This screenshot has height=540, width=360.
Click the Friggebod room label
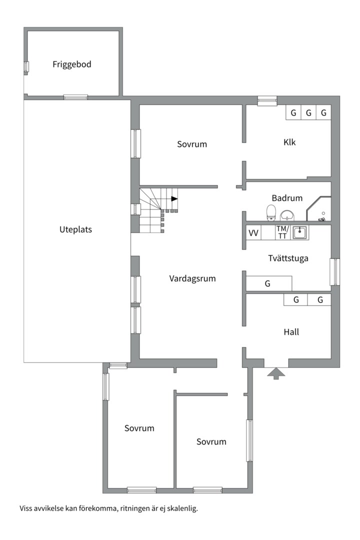point(72,64)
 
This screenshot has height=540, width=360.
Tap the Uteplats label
point(75,230)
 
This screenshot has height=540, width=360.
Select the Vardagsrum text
point(192,278)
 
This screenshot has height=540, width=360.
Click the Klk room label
point(289,142)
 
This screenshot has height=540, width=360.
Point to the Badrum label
point(287,198)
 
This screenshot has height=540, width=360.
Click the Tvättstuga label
point(287,258)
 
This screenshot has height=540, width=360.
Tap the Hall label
point(291,331)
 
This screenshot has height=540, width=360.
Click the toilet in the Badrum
point(271,212)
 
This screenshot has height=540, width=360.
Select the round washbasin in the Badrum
point(287,215)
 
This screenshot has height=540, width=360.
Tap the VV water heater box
point(253,232)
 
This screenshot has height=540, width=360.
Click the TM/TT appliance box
point(282,232)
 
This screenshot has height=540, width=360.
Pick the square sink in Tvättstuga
point(300,232)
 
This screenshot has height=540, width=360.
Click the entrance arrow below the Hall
point(276,373)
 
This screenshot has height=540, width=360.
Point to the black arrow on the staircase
point(173,198)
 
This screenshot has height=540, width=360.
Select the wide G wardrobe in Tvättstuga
point(268,283)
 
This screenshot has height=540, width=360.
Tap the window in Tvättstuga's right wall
point(334,271)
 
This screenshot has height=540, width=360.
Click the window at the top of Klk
point(267,100)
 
